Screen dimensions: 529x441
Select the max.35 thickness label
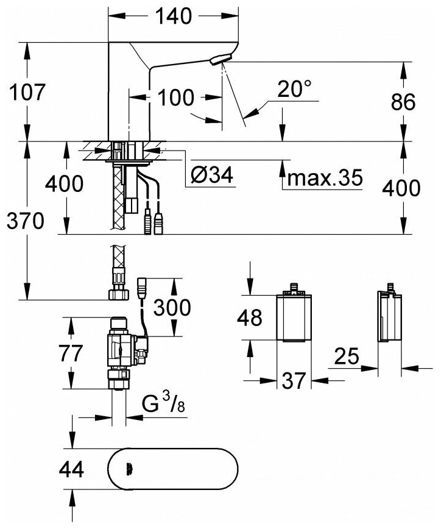pyautogui.click(x=323, y=179)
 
